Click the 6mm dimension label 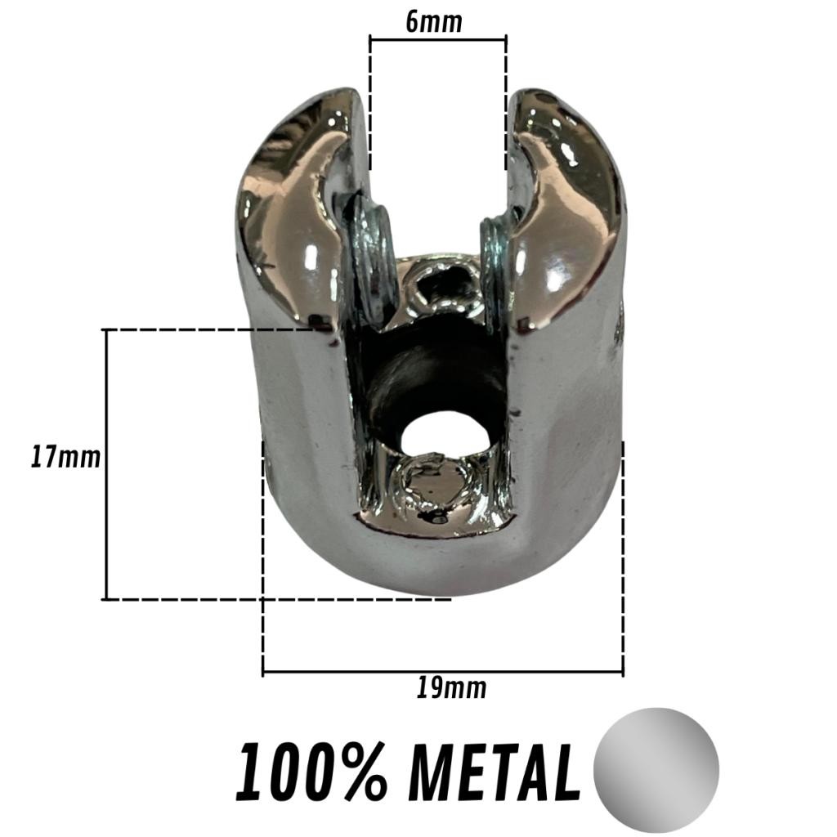pos(433,22)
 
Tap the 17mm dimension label pos(65,458)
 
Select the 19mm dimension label pos(451,688)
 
